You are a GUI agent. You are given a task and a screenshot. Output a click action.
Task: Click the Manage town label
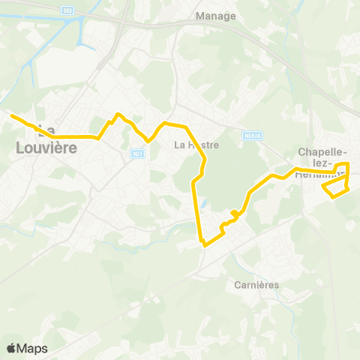point(215,16)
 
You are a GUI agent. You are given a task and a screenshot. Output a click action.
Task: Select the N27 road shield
point(136,154)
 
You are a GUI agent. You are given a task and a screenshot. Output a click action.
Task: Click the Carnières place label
point(256,285)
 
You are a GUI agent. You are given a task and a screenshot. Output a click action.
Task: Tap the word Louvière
point(46,148)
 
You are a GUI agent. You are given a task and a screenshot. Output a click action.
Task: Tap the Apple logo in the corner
point(12,348)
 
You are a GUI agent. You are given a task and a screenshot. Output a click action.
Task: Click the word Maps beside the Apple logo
point(33,348)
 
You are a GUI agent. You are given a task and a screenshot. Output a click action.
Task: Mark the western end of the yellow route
point(10,115)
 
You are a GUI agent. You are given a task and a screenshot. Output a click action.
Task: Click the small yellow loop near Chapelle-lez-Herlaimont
point(337,189)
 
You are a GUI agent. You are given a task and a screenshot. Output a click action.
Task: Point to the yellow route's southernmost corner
point(204,244)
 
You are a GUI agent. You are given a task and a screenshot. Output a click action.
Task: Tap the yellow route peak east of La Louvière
point(118,114)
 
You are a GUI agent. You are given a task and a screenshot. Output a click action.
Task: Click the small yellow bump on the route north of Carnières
point(235,215)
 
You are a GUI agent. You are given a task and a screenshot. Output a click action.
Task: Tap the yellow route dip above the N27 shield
point(148,140)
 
